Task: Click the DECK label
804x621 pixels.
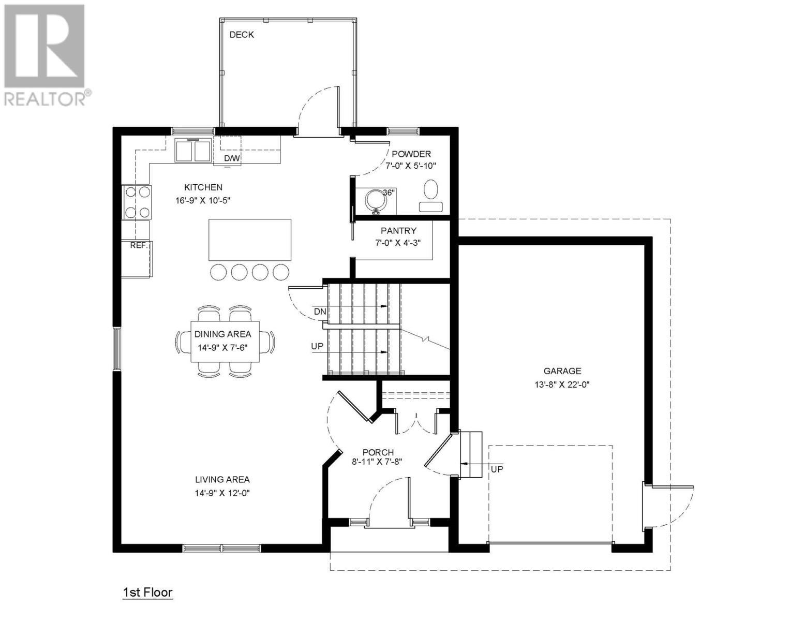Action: (242, 35)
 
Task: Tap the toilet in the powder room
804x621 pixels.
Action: (430, 196)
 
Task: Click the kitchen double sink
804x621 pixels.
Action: (193, 150)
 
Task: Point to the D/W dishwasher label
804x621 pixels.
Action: (232, 158)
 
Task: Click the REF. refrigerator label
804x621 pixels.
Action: (139, 245)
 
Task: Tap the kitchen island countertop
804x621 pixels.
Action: (250, 240)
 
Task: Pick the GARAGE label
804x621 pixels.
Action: (562, 371)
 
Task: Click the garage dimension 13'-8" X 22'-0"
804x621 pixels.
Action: (562, 385)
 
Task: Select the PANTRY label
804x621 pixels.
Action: (398, 231)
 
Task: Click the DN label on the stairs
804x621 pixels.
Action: (320, 312)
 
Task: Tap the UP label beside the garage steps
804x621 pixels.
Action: (497, 469)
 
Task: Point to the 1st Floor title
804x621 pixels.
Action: (147, 593)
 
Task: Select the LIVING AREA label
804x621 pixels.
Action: (222, 480)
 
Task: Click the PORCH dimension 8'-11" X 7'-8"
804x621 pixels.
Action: (377, 462)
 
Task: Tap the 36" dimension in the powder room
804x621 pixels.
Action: (389, 193)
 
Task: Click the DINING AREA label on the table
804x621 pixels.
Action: (223, 334)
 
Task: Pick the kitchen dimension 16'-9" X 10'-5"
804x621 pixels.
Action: (203, 201)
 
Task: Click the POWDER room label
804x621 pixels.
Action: (411, 154)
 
